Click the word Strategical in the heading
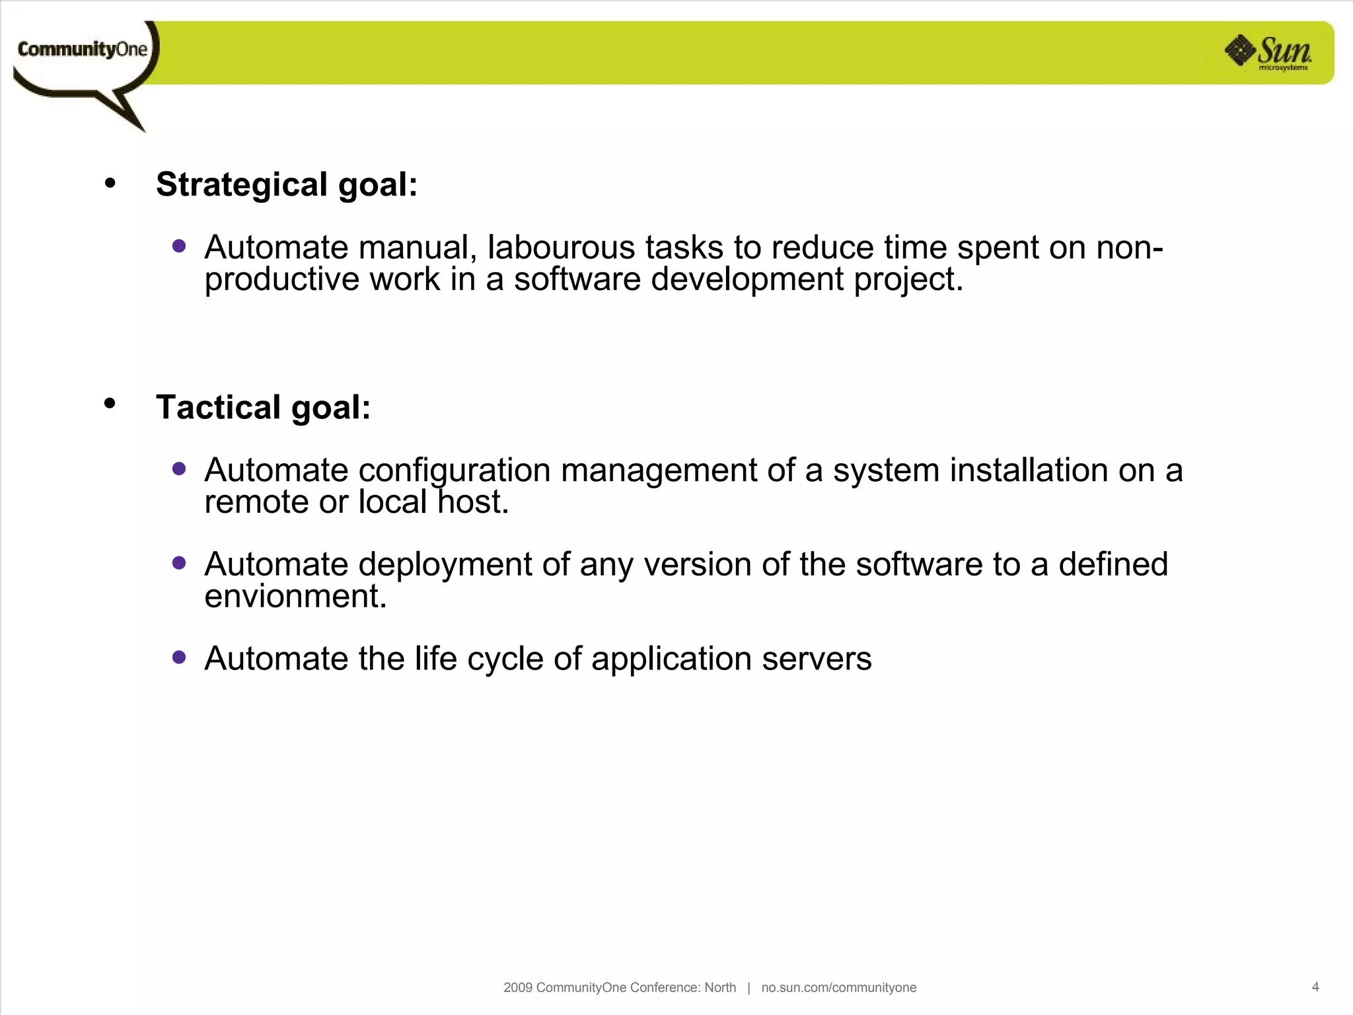[x=242, y=184]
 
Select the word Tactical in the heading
[x=219, y=407]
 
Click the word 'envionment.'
[x=295, y=596]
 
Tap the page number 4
[x=1315, y=987]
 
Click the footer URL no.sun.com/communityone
[x=838, y=987]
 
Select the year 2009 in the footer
[x=518, y=987]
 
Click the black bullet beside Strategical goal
[x=110, y=183]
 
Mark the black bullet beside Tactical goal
[x=110, y=403]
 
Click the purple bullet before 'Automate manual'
[x=179, y=246]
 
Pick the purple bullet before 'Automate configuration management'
[x=179, y=469]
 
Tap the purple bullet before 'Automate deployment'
[x=179, y=563]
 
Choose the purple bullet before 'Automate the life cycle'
[x=179, y=658]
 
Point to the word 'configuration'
[x=455, y=471]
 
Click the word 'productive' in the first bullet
[x=282, y=280]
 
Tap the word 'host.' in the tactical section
[x=473, y=502]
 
